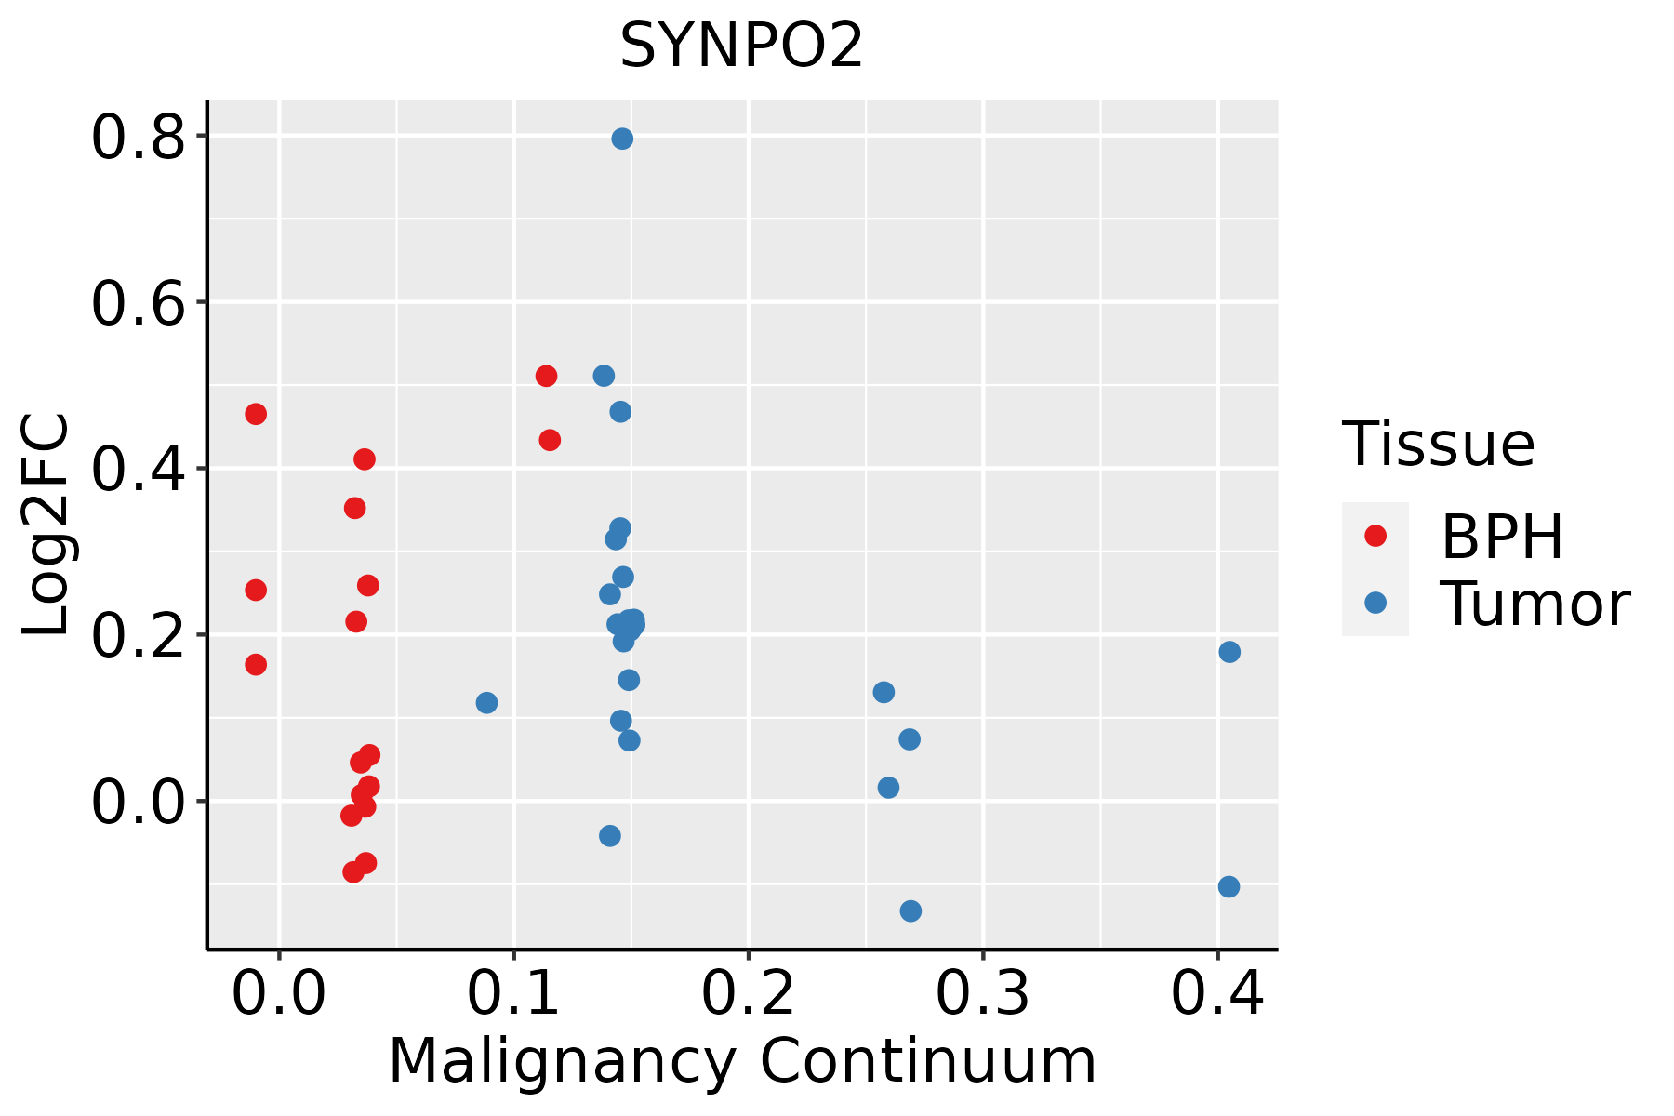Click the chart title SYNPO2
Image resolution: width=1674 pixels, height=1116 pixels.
pos(741,46)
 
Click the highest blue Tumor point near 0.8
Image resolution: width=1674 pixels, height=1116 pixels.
pos(622,139)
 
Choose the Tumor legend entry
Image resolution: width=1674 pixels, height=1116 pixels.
pos(1486,604)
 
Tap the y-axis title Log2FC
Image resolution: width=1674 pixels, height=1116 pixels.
pos(46,525)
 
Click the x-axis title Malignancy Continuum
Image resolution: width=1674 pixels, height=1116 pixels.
pos(742,1061)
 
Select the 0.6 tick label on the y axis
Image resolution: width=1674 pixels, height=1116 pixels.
pos(138,302)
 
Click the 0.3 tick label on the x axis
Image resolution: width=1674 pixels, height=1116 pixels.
pos(982,993)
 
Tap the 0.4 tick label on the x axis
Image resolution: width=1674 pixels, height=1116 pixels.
pos(1216,993)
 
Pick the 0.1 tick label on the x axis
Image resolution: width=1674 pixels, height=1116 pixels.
pos(513,993)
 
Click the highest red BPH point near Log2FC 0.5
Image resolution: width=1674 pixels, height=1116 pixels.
pos(546,376)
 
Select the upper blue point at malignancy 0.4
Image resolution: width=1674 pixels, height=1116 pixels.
pos(1229,651)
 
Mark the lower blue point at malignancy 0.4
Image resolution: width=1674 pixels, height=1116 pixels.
pos(1229,886)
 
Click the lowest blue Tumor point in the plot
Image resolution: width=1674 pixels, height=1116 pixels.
pos(910,910)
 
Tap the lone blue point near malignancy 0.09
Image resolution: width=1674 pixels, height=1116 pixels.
pos(486,702)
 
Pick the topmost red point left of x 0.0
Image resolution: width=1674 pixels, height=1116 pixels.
pos(256,414)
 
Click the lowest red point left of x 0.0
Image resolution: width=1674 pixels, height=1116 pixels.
pos(256,664)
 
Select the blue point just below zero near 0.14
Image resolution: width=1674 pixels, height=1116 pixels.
pos(610,835)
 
